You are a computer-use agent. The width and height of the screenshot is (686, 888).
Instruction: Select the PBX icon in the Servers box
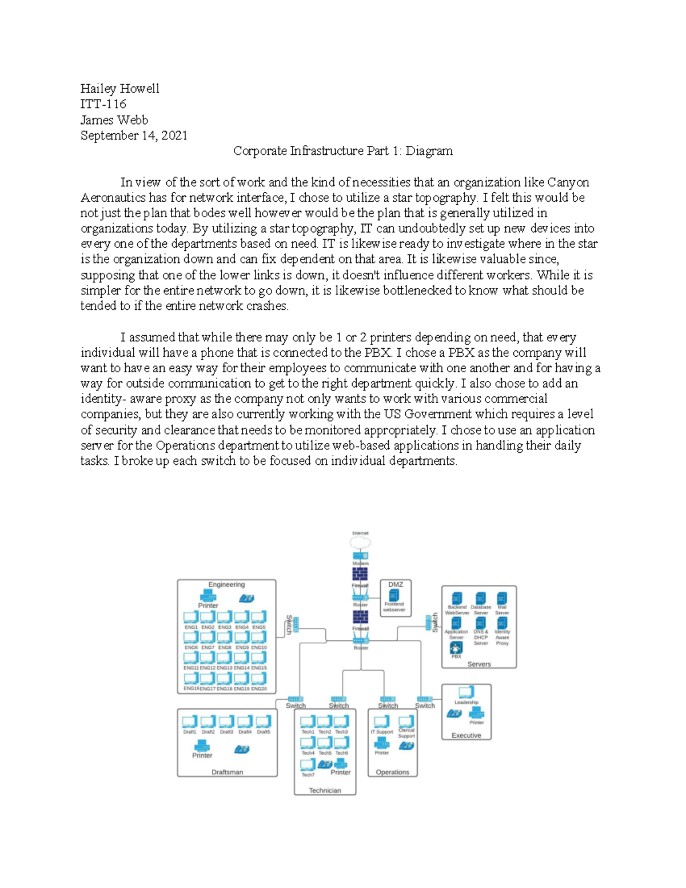[x=456, y=648]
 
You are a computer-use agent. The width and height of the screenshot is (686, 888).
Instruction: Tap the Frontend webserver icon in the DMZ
[x=394, y=596]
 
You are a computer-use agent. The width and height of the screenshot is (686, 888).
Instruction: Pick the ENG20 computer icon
[x=258, y=679]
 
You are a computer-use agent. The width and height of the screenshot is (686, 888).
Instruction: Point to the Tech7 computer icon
[x=308, y=765]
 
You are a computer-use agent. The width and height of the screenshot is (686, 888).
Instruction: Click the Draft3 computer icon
[x=226, y=722]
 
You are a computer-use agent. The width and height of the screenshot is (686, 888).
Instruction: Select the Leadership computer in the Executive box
[x=466, y=692]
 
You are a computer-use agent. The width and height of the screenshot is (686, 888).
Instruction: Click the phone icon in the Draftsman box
[x=242, y=749]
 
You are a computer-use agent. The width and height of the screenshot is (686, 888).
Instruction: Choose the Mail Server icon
[x=502, y=599]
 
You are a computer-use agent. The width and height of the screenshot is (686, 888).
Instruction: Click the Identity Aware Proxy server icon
[x=502, y=623]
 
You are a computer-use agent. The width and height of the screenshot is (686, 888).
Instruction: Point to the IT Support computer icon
[x=381, y=722]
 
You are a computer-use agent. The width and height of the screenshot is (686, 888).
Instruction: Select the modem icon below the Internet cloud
[x=360, y=556]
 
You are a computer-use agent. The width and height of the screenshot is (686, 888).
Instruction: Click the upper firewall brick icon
[x=360, y=574]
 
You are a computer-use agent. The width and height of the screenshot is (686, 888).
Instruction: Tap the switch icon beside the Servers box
[x=428, y=623]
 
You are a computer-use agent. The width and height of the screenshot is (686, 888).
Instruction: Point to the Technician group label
[x=325, y=790]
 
